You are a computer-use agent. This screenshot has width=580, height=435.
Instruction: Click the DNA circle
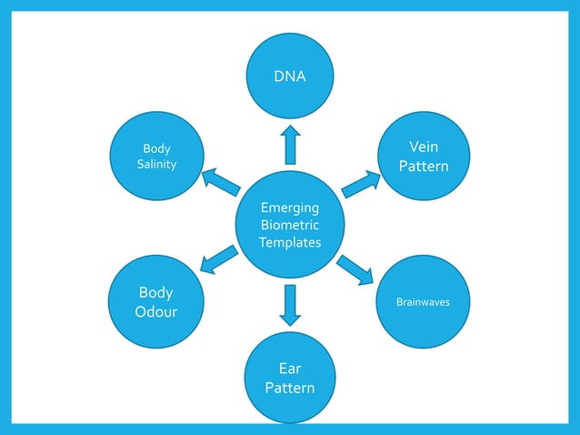290,76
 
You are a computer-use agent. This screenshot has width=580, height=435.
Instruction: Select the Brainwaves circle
422,300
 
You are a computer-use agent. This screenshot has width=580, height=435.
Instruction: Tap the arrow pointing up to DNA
290,145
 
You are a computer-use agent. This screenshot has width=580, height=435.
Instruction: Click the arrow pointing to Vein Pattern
361,183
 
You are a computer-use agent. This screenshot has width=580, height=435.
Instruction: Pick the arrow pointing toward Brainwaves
355,269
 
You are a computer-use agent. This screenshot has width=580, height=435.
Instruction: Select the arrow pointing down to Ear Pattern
290,305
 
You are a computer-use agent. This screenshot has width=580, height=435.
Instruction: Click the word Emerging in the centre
290,207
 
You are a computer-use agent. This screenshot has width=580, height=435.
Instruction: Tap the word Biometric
290,225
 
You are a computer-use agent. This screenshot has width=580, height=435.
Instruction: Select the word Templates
290,242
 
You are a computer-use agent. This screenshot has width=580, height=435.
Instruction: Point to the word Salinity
156,165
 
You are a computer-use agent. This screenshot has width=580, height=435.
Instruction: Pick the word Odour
156,312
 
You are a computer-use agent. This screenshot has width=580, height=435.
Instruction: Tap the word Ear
290,369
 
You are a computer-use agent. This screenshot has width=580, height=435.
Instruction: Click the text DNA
290,77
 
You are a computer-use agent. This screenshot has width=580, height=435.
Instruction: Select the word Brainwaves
422,301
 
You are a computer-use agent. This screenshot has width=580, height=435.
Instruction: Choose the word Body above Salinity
156,148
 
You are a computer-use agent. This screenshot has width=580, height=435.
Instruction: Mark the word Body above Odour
156,293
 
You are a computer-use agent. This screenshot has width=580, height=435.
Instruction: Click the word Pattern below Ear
290,389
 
